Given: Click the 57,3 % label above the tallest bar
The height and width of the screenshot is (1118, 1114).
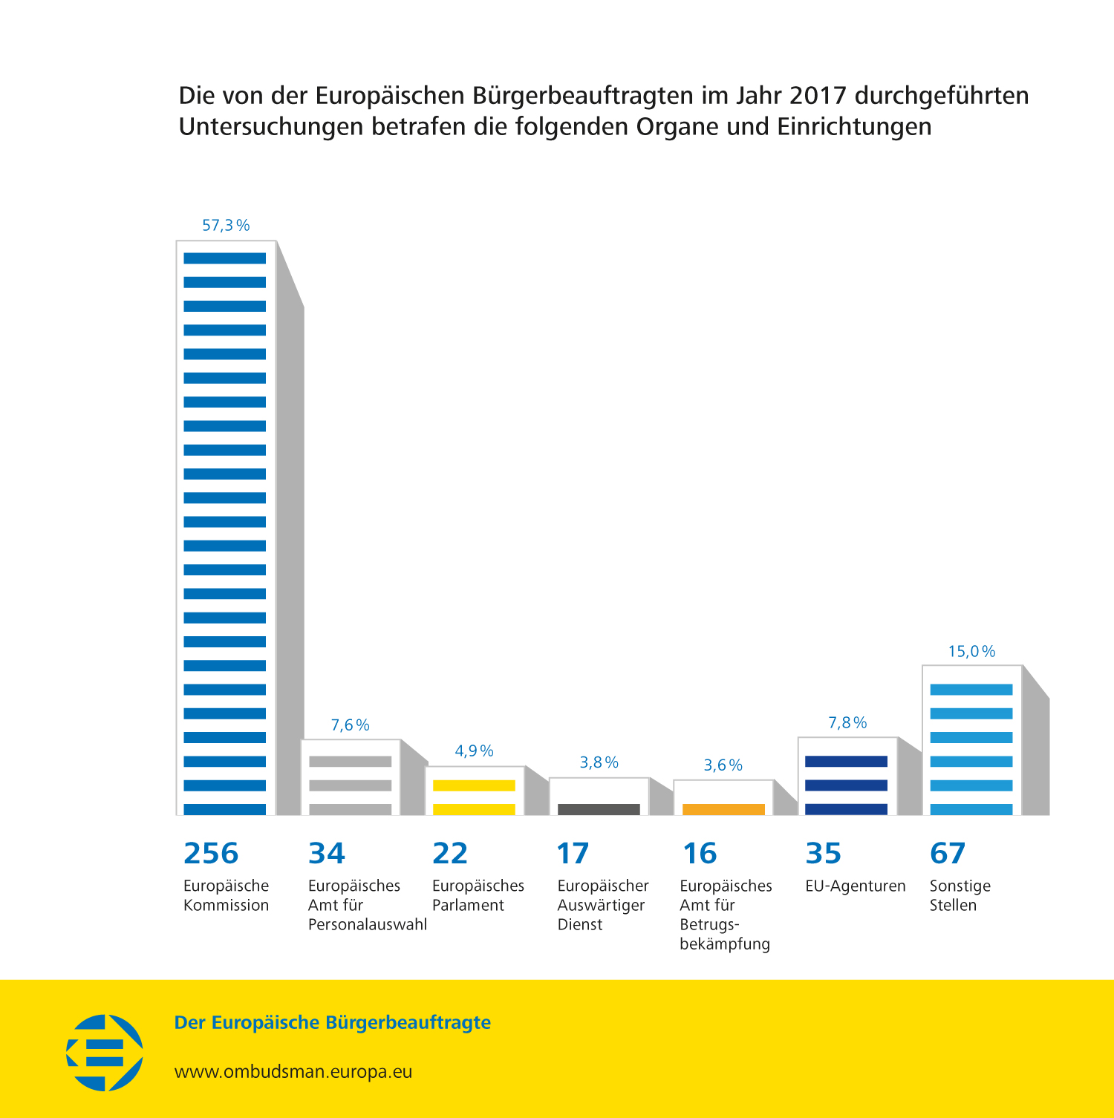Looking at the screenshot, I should (226, 226).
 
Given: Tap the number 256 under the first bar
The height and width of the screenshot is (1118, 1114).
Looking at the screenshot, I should (211, 854).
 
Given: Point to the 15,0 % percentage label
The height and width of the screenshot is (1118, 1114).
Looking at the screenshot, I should (971, 652).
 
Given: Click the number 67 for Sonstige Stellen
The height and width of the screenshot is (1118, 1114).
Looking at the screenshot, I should (948, 854).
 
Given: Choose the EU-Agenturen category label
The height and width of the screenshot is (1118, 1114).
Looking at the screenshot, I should (856, 886).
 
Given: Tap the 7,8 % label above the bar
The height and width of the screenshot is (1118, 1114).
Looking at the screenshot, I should (847, 723).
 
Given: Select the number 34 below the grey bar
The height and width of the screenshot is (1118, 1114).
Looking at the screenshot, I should (327, 854).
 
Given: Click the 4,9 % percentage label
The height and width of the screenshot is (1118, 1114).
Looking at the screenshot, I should (474, 751).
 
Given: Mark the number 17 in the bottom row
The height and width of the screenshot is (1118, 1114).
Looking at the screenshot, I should (573, 854).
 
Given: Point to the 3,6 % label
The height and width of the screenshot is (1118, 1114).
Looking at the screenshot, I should (723, 765).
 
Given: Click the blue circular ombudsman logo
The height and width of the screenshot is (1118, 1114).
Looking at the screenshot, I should (105, 1053).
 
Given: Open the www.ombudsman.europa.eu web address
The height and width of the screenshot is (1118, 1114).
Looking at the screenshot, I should (293, 1072).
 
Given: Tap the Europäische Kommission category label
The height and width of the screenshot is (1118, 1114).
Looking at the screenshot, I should (226, 895).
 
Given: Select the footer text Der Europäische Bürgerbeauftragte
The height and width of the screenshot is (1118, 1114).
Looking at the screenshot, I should (332, 1022).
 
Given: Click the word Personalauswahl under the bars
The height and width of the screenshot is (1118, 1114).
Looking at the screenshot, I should (368, 925).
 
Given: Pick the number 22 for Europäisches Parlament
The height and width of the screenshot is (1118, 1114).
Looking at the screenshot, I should (450, 854).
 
